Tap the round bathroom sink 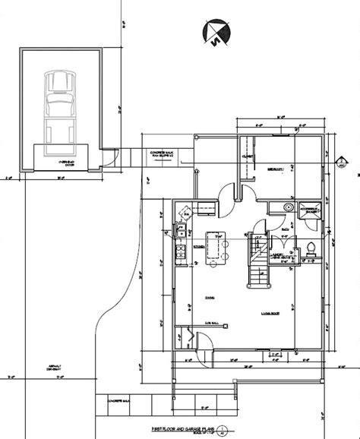point(289,207)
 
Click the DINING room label point(208,298)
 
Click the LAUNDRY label point(281,257)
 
